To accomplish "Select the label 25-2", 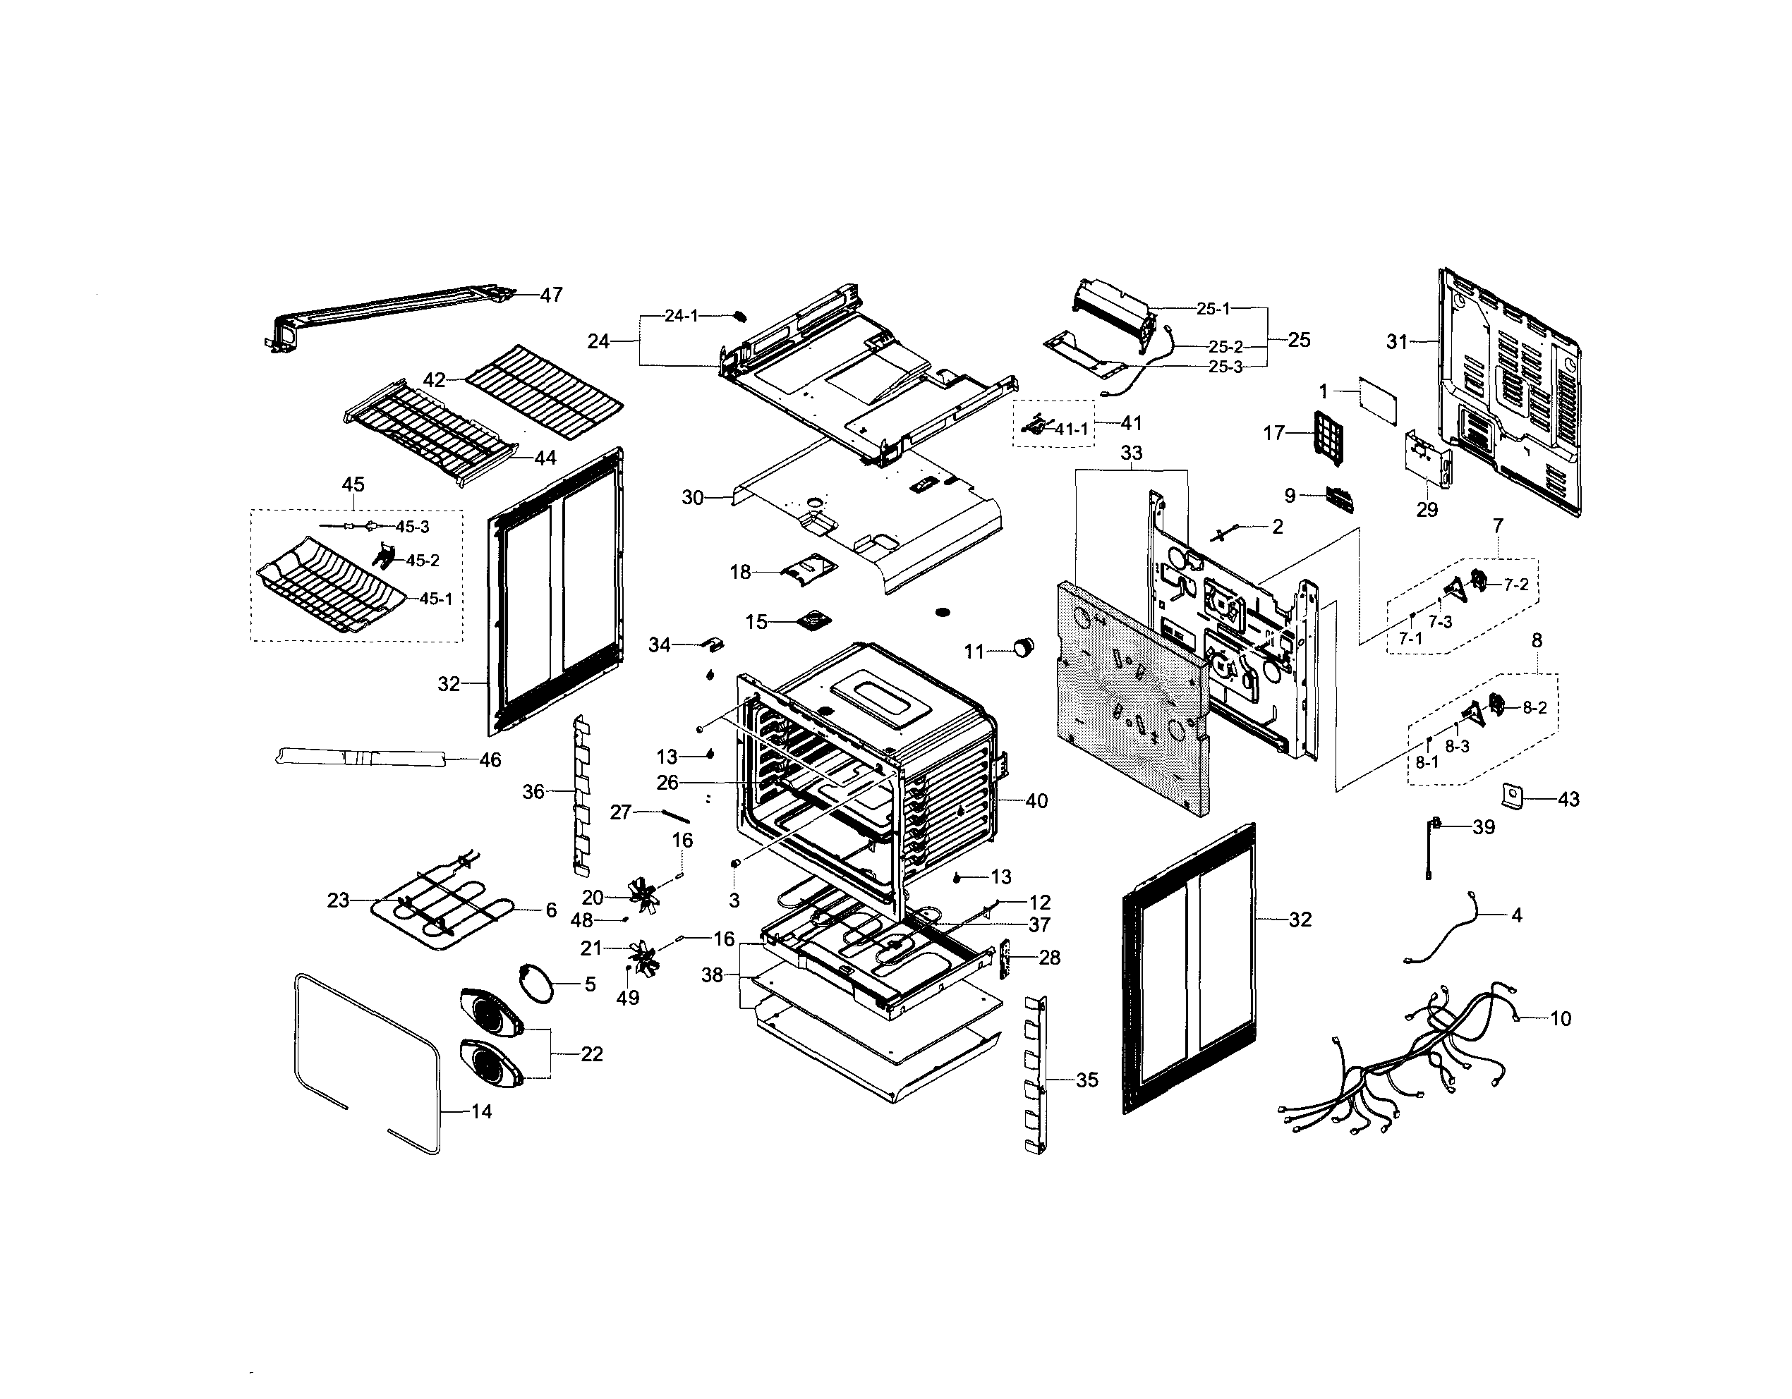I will point(1225,348).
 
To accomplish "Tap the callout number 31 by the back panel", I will point(1396,342).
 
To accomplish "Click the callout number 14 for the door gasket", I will point(481,1112).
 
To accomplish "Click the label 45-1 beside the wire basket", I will point(436,599).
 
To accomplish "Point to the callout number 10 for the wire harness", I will point(1560,1020).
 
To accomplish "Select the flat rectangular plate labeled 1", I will point(1379,401).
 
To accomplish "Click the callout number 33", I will point(1132,453).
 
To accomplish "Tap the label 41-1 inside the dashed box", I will point(1071,429).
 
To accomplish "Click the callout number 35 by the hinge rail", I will point(1086,1081).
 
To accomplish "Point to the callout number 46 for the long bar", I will point(490,760).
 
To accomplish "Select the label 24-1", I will point(681,316).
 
